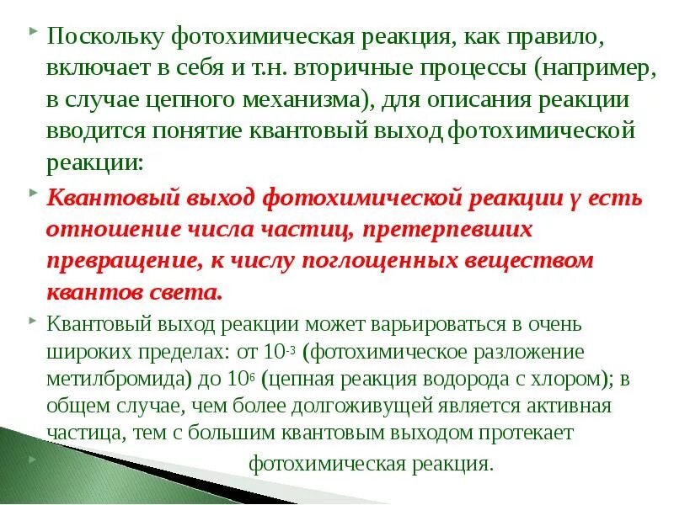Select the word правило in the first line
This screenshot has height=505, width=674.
(557, 37)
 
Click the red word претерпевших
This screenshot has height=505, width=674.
(454, 230)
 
